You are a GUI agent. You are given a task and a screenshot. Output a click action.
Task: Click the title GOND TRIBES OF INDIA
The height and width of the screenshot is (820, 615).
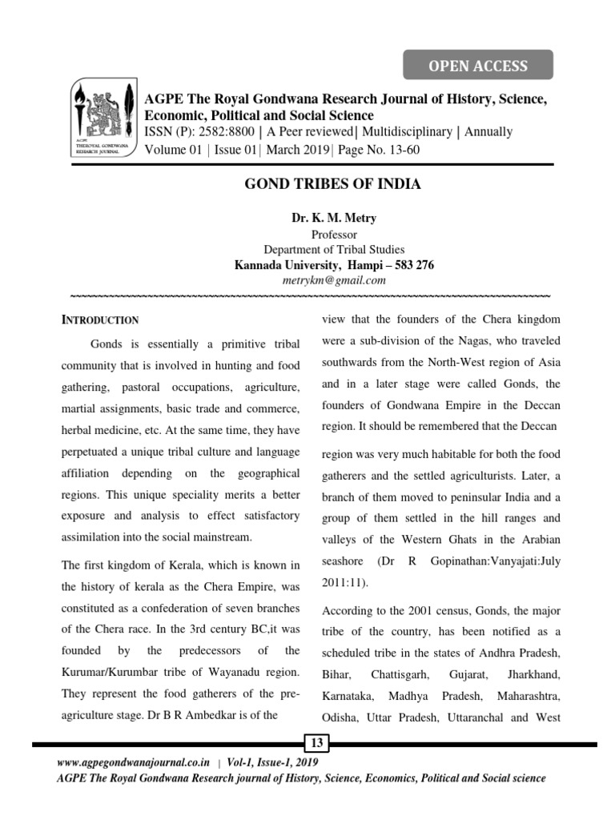click(x=332, y=184)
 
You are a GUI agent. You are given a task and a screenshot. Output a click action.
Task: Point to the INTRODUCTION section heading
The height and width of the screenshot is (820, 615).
click(x=101, y=320)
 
